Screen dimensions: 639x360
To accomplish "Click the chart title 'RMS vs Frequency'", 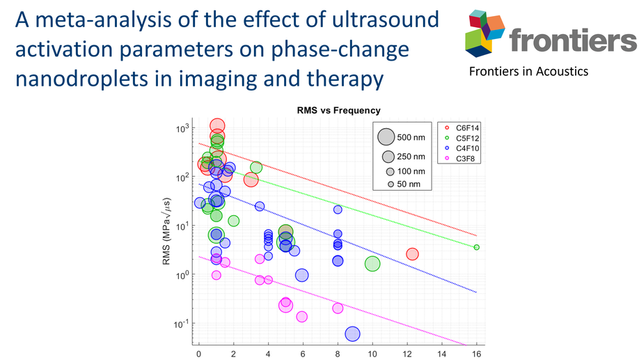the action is pos(339,110).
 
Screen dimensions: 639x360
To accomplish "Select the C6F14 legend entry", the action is pos(462,128).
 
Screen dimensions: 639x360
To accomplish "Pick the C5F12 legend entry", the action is pos(462,138).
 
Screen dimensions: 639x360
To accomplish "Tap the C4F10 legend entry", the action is pos(462,148).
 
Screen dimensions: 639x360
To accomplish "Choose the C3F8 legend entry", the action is pos(460,159).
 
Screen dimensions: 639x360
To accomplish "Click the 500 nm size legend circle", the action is pos(386,136).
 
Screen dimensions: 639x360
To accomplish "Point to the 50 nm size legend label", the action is pos(409,185).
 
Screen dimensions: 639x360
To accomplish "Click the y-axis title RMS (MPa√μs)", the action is pos(166,230).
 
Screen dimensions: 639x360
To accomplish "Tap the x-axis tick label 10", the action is pos(372,354).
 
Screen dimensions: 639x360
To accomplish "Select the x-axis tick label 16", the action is pos(476,354).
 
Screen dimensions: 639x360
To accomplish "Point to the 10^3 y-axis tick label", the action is pos(182,129).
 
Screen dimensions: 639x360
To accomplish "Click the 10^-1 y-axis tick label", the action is pos(182,324).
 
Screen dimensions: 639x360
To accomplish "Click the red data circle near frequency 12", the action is pos(412,254).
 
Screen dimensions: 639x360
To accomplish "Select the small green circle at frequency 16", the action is pos(476,247).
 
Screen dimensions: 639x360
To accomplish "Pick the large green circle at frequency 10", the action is pos(372,264).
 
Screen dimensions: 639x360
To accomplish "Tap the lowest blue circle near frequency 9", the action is pos(352,334).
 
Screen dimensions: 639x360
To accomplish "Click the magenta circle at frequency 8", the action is pos(338,308).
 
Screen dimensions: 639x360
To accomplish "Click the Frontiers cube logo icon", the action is pos(485,33).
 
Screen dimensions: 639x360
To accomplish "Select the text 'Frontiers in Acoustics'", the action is pos(528,71).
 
